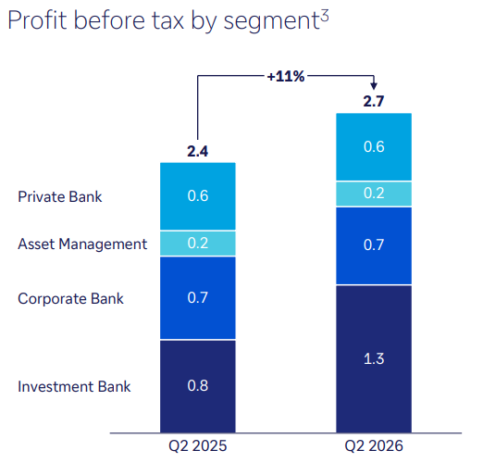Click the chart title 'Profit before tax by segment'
pyautogui.click(x=164, y=20)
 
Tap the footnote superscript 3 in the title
pyautogui.click(x=325, y=16)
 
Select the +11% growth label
pyautogui.click(x=286, y=76)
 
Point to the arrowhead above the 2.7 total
pyautogui.click(x=374, y=86)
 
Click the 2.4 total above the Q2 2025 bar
pyautogui.click(x=198, y=151)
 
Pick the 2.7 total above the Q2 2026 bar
pyautogui.click(x=374, y=101)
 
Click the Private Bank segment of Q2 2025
pyautogui.click(x=198, y=196)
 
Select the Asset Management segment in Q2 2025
pyautogui.click(x=198, y=244)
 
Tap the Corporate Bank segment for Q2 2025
pyautogui.click(x=198, y=298)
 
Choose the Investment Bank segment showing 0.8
pyautogui.click(x=198, y=386)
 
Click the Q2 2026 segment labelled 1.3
pyautogui.click(x=374, y=359)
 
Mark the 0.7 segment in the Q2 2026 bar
pyautogui.click(x=374, y=245)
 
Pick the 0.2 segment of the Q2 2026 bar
pyautogui.click(x=374, y=194)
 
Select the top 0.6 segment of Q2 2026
pyautogui.click(x=374, y=147)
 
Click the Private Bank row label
pyautogui.click(x=60, y=196)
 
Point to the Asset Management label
pyautogui.click(x=82, y=244)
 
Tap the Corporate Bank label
pyautogui.click(x=70, y=298)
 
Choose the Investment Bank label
pyautogui.click(x=74, y=386)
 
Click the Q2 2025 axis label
pyautogui.click(x=198, y=446)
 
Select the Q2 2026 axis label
pyautogui.click(x=374, y=446)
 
